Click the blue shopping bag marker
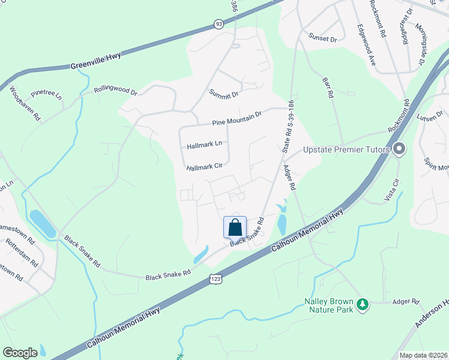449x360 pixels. (235, 227)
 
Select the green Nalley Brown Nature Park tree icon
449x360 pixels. (362, 305)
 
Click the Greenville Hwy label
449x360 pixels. (95, 61)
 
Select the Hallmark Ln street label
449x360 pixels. (204, 145)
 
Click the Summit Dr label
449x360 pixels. (224, 93)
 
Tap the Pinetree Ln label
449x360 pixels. (46, 94)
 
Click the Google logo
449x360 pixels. (20, 353)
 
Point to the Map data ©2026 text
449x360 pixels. (423, 355)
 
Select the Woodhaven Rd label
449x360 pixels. (25, 104)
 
